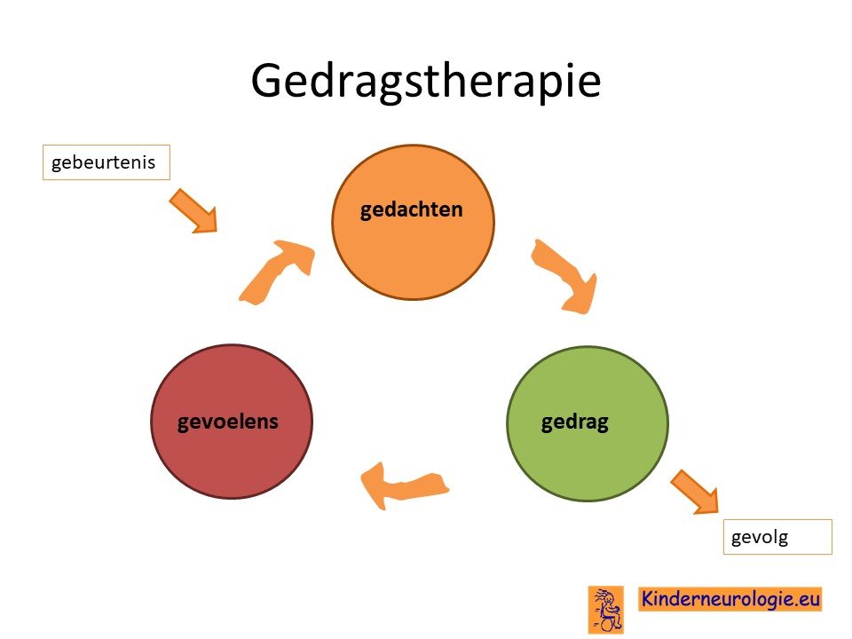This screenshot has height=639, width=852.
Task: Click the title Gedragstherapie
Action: pyautogui.click(x=425, y=82)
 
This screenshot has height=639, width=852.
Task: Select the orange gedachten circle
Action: pyautogui.click(x=413, y=222)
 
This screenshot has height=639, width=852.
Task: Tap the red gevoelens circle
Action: pyautogui.click(x=232, y=422)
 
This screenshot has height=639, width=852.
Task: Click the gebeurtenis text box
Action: pyautogui.click(x=106, y=162)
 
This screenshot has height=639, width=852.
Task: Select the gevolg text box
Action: pyautogui.click(x=777, y=537)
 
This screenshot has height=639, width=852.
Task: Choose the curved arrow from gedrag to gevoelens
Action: pyautogui.click(x=405, y=485)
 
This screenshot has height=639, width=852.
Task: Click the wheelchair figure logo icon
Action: pyautogui.click(x=606, y=609)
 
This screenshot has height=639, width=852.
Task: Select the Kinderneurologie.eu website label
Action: pyautogui.click(x=730, y=599)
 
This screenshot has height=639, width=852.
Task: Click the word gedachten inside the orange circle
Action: pyautogui.click(x=411, y=209)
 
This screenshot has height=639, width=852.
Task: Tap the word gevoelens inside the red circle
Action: pyautogui.click(x=228, y=422)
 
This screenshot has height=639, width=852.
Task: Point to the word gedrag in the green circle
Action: pyautogui.click(x=574, y=422)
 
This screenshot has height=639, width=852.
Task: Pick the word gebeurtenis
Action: pyautogui.click(x=103, y=162)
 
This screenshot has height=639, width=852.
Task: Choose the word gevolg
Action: pyautogui.click(x=759, y=538)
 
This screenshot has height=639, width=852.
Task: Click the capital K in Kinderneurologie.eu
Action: pyautogui.click(x=648, y=598)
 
